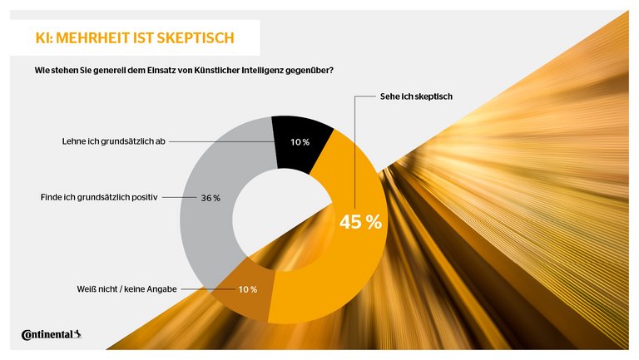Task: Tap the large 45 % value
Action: coord(360,222)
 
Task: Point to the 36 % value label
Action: coord(211,198)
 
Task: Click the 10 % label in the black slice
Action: coord(300,142)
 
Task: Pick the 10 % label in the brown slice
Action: coord(248,289)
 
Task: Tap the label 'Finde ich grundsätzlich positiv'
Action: coord(99,198)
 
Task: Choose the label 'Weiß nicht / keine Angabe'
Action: coord(121,289)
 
